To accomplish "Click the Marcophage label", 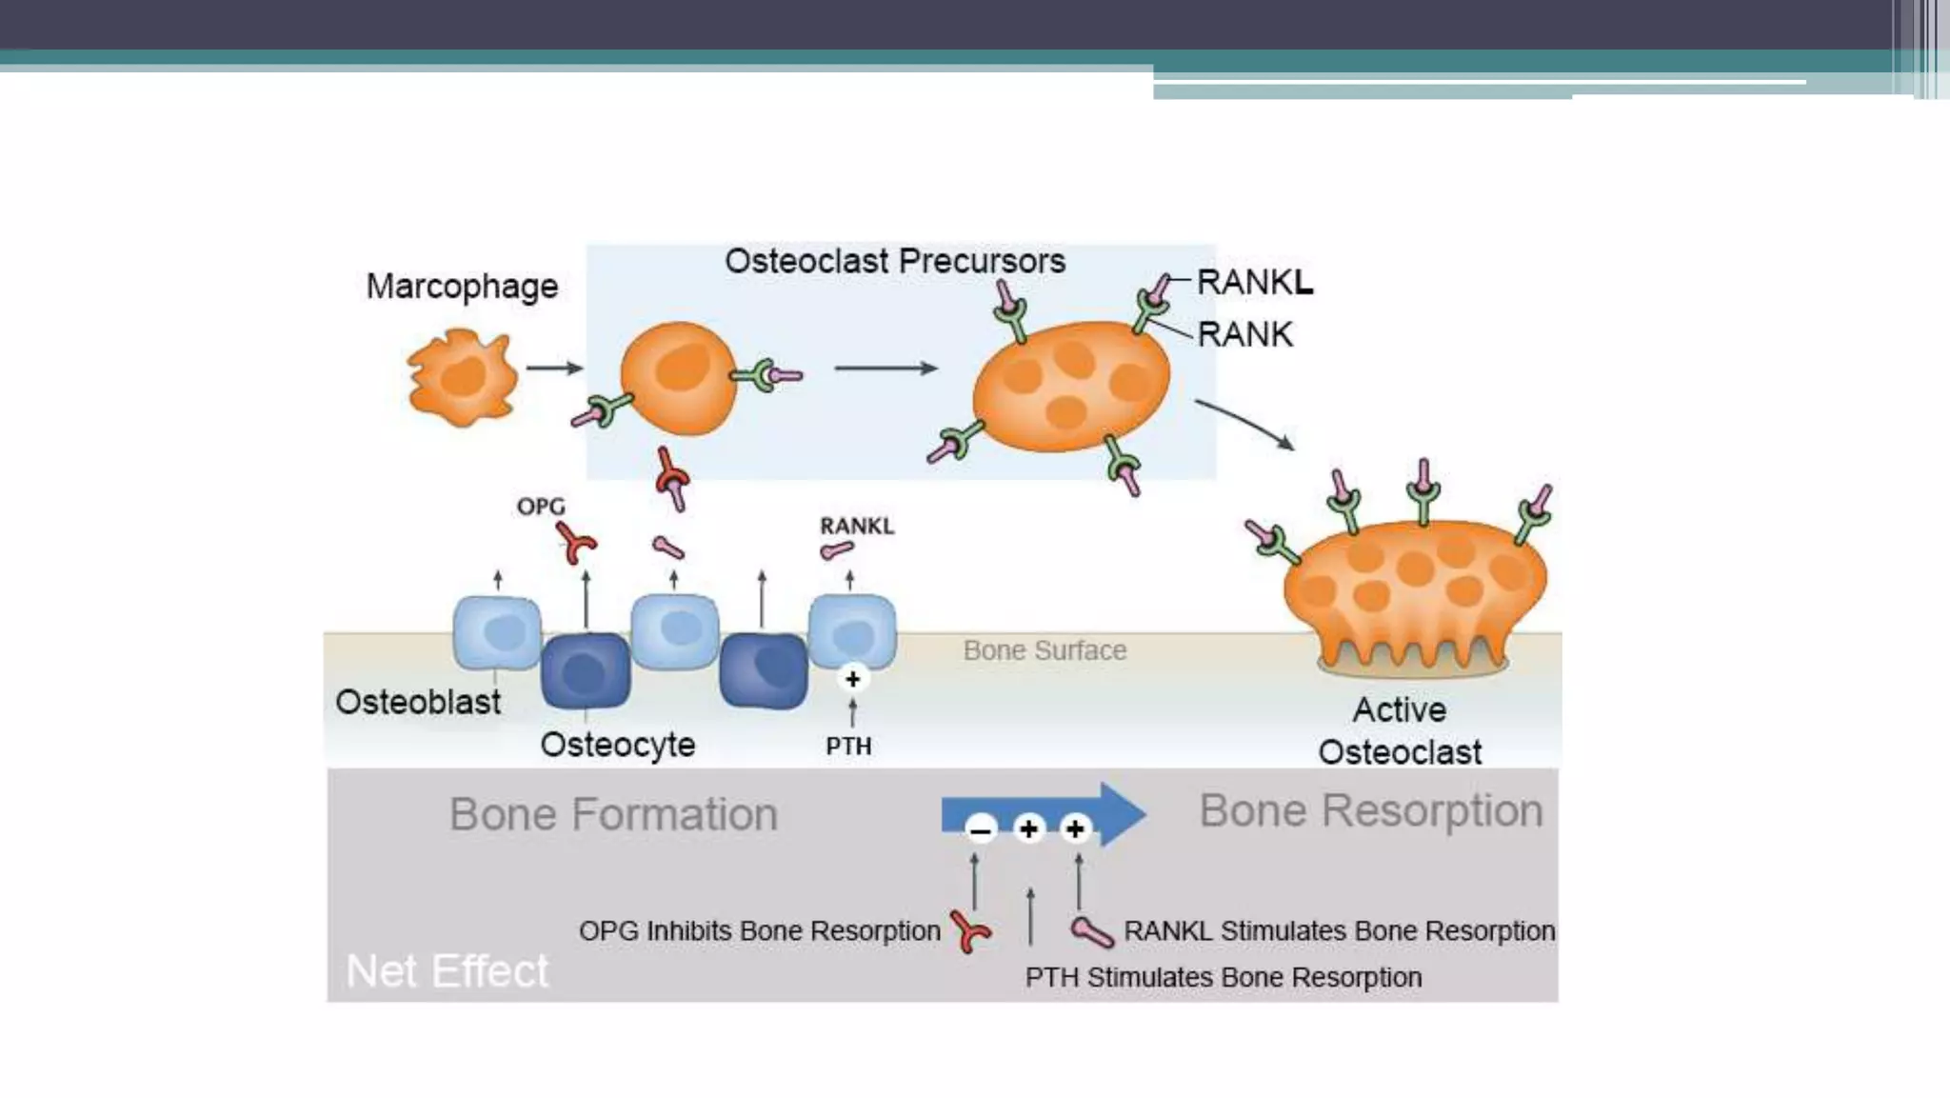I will [x=462, y=286].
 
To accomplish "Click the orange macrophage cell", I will [x=462, y=377].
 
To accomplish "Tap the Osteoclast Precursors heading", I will [x=894, y=261].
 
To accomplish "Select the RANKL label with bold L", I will [x=1254, y=282].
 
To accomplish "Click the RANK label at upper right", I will [x=1244, y=334].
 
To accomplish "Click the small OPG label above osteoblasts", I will [x=540, y=507].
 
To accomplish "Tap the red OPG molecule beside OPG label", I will [x=576, y=544].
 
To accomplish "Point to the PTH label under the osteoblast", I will [x=848, y=747].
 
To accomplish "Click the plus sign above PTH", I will [x=852, y=679].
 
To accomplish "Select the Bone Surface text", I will [x=1045, y=650].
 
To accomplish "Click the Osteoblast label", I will [x=418, y=702].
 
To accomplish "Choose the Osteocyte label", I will [x=617, y=745].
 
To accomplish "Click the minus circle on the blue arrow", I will [x=981, y=829].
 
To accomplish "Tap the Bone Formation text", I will [x=613, y=814].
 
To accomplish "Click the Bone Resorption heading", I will [x=1370, y=810].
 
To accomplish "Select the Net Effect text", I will [x=447, y=971].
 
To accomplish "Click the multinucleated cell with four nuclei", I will [x=1071, y=385].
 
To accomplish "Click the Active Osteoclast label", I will [x=1400, y=730].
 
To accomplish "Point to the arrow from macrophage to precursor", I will [x=554, y=368].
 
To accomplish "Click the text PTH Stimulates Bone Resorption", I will [x=1223, y=977].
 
